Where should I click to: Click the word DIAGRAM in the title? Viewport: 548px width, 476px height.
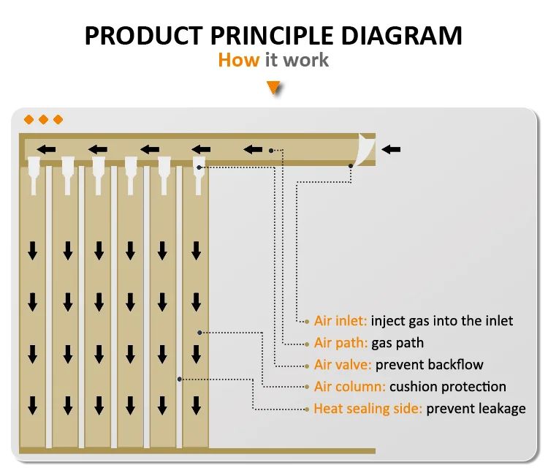click(x=401, y=36)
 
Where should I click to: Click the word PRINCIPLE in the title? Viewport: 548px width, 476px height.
click(x=272, y=36)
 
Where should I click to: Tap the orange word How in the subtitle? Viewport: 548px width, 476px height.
click(x=239, y=60)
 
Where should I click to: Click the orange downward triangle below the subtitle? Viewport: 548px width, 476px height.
click(x=273, y=88)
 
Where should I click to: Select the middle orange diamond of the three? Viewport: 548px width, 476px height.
click(x=43, y=120)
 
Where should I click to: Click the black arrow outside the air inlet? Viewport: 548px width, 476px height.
click(x=391, y=150)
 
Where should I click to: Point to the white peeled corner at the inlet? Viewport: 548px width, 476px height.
click(x=365, y=149)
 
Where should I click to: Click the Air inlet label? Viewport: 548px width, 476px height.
click(x=340, y=321)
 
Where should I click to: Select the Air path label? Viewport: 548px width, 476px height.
click(x=340, y=343)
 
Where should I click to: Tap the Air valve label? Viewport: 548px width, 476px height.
click(x=343, y=365)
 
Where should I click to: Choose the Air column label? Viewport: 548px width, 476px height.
click(x=349, y=387)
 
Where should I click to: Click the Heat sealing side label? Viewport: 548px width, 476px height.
click(x=368, y=409)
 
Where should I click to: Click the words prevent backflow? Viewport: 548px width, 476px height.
click(x=429, y=365)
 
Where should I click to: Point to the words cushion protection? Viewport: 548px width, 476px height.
click(x=448, y=387)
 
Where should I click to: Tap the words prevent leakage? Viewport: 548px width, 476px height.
click(x=476, y=409)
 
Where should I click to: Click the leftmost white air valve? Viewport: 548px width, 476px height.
click(x=34, y=175)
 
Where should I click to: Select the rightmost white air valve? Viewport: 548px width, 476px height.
click(x=199, y=175)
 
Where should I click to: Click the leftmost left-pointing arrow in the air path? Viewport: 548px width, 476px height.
click(x=46, y=150)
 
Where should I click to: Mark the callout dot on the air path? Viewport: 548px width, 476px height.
click(x=271, y=151)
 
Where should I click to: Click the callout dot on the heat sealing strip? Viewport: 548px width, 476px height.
click(x=179, y=379)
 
